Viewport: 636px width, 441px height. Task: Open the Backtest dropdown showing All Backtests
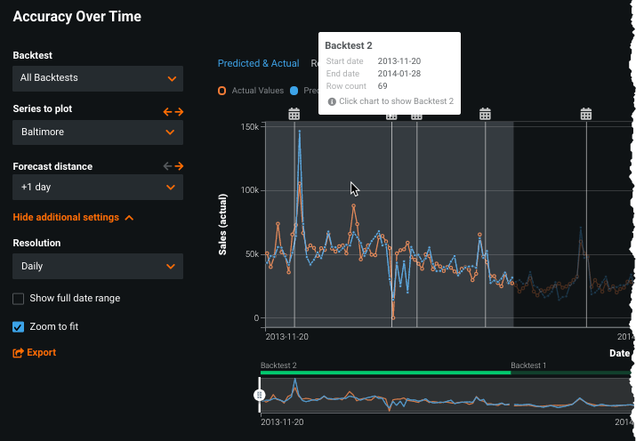(x=98, y=78)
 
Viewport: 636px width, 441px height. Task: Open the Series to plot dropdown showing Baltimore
(x=98, y=132)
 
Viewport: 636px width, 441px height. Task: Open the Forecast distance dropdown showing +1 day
(x=98, y=188)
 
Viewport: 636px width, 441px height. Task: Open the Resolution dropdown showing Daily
(x=98, y=266)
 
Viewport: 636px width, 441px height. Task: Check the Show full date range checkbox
(x=19, y=299)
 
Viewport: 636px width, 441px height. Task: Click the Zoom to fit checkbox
(x=19, y=327)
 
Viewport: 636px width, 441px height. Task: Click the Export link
(x=35, y=353)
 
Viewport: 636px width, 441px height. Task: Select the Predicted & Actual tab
(x=258, y=64)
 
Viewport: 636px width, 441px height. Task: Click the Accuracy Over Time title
(x=76, y=17)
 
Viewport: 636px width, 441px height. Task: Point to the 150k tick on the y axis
(x=249, y=126)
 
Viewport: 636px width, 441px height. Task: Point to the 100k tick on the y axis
(x=249, y=190)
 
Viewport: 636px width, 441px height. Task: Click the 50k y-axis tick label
(x=252, y=254)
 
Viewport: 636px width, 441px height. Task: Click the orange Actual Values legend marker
(x=222, y=91)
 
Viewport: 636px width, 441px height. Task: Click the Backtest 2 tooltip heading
(x=349, y=45)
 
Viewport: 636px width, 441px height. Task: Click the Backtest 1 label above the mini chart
(x=528, y=365)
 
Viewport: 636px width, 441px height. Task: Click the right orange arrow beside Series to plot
(x=179, y=112)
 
